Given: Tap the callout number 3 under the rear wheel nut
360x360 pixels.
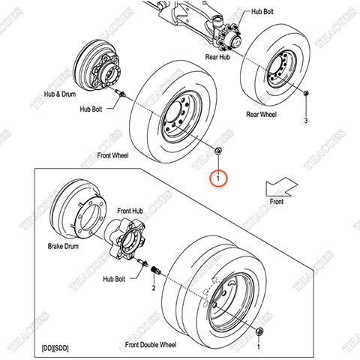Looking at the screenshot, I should click(x=306, y=120).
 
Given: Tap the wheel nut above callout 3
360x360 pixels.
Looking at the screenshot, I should click(x=306, y=94).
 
